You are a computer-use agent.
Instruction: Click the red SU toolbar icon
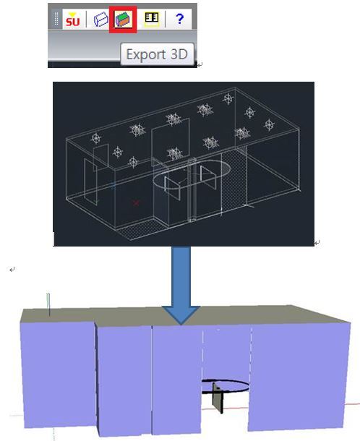(x=72, y=19)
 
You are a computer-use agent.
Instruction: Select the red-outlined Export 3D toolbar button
(x=123, y=20)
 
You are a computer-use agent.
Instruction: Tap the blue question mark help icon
(x=179, y=19)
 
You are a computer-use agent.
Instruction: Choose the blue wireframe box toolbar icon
(x=100, y=19)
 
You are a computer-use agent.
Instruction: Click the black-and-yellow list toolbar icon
(x=152, y=19)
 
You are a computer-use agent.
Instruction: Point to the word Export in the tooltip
(x=146, y=54)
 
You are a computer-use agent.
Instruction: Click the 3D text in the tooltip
(x=179, y=54)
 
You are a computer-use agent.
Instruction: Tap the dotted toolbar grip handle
(x=56, y=19)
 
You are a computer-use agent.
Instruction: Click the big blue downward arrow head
(x=181, y=315)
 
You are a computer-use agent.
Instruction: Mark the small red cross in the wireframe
(x=137, y=202)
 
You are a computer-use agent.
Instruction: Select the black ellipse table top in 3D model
(x=225, y=386)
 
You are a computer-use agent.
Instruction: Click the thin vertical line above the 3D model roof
(x=48, y=304)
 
